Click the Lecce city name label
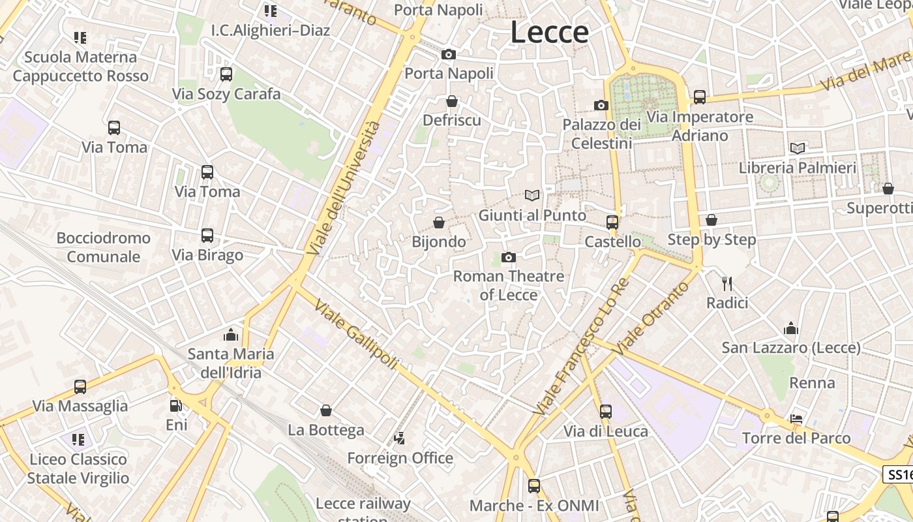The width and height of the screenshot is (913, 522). (549, 32)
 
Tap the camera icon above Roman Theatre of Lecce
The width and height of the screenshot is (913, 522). (509, 258)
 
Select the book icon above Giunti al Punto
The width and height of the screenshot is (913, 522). (532, 195)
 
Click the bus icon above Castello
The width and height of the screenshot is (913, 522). (612, 223)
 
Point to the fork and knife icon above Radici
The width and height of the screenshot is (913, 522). (727, 284)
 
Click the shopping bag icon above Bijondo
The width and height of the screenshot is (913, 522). (439, 223)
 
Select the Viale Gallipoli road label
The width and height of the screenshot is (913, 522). (355, 334)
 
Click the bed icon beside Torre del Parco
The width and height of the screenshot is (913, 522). (796, 419)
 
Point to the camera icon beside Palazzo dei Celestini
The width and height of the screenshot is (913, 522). (601, 106)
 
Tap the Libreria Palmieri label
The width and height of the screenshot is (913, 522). (797, 168)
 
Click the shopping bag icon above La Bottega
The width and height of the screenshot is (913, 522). (326, 411)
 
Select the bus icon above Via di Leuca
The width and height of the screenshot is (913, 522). (606, 412)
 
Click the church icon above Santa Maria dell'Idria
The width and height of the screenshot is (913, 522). (231, 335)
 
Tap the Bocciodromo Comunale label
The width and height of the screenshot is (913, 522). (103, 247)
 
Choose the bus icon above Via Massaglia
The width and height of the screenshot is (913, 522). (80, 387)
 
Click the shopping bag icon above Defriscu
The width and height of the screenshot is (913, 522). (452, 102)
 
